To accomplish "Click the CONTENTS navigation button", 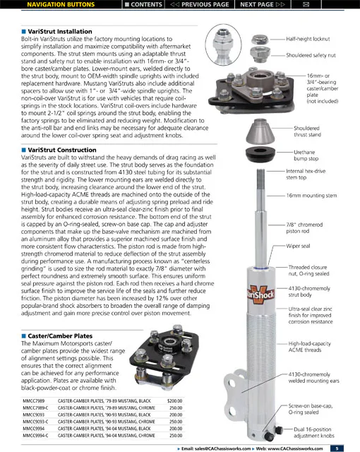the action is coord(143,4).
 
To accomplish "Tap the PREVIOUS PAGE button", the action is coord(199,4).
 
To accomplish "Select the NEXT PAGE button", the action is coord(263,4).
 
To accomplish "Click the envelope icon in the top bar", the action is coord(306,4).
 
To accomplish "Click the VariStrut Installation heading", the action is coord(60,31).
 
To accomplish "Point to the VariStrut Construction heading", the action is coord(62,150).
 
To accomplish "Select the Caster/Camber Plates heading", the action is coord(60,336).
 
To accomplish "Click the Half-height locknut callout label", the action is coord(308,39).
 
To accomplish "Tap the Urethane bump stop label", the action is coord(306,155).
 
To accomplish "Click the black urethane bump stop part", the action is coord(260,154).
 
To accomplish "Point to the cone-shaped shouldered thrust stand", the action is coord(259,131).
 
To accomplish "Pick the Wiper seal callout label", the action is coord(298,246).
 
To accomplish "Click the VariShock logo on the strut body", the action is coord(260,295).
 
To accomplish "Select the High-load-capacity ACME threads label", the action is coord(310,347).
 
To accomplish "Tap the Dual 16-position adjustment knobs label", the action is coord(314,432).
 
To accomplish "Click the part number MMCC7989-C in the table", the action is coord(35,408).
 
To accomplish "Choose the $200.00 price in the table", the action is coord(174,401).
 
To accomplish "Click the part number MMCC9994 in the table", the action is coord(33,429).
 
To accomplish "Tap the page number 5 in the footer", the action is coord(337,448).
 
